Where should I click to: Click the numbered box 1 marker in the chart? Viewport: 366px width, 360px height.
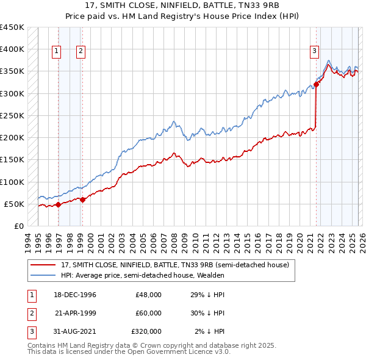point(56,52)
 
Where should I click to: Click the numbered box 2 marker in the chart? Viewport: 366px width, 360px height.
point(81,52)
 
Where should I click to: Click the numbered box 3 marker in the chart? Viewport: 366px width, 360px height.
point(314,52)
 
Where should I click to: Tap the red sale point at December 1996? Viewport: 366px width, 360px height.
point(59,205)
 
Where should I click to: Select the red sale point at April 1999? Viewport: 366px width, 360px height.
point(82,200)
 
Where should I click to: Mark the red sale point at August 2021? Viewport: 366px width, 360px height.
point(317,84)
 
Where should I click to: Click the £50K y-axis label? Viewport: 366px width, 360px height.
point(14,204)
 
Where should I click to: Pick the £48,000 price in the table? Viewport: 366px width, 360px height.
point(148,295)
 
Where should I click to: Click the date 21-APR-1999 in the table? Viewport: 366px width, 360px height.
point(76,313)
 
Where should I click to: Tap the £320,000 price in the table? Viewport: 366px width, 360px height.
point(146,331)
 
